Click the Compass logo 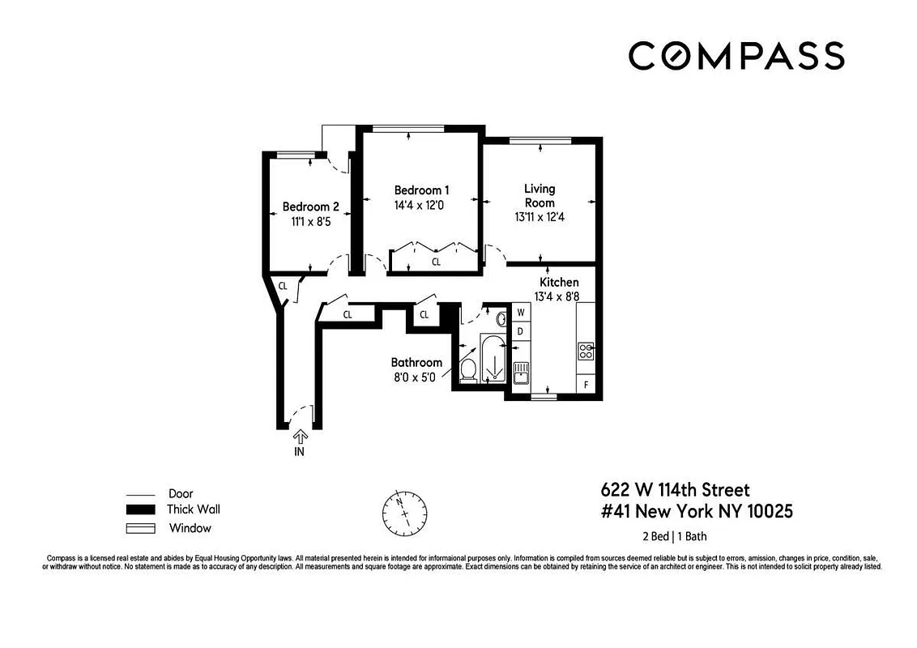[736, 56]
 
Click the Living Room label [540, 195]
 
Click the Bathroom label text [416, 362]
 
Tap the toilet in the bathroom [467, 370]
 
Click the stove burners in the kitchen [586, 351]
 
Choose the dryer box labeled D [522, 331]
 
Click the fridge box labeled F [586, 384]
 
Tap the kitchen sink [522, 373]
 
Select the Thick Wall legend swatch [140, 510]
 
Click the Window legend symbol [140, 529]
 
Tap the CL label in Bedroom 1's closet [436, 262]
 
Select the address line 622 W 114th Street [675, 490]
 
